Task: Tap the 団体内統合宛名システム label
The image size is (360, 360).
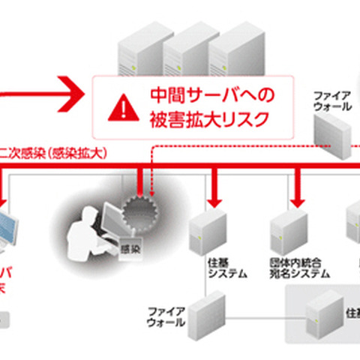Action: (x=298, y=270)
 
